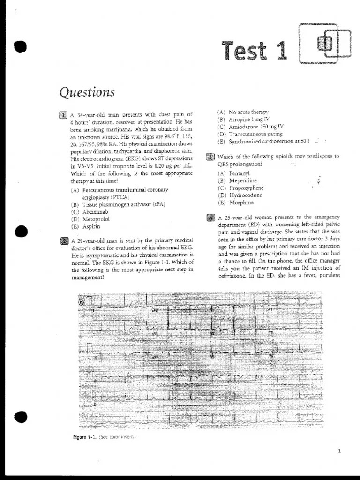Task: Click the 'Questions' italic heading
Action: [87, 92]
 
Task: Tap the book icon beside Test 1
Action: [325, 44]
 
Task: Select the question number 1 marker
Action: [64, 115]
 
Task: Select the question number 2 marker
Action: [64, 241]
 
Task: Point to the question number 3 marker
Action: [210, 157]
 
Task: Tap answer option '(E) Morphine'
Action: [235, 202]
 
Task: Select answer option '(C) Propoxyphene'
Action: [240, 188]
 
